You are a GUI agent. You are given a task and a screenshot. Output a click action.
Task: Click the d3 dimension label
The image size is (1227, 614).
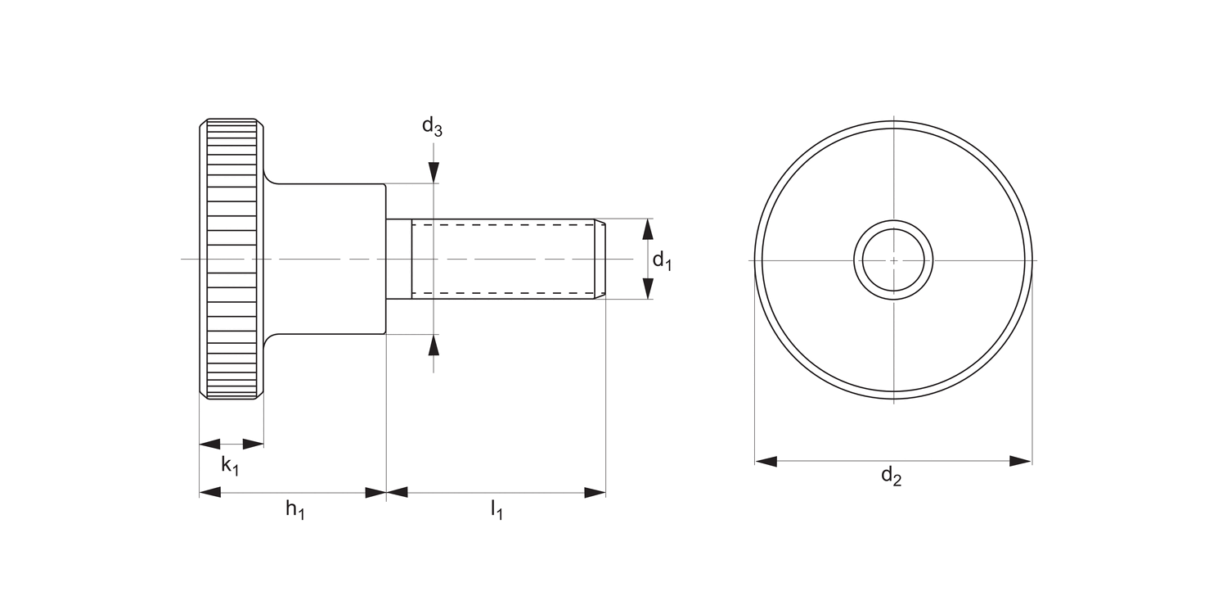tap(432, 126)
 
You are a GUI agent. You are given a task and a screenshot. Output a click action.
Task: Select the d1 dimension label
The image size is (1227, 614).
tap(662, 261)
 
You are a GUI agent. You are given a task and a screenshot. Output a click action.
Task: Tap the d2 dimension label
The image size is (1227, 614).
tap(891, 476)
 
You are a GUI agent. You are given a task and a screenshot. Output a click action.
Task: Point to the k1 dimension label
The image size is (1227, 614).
tap(231, 466)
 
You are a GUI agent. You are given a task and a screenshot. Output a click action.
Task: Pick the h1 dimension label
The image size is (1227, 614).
tap(294, 509)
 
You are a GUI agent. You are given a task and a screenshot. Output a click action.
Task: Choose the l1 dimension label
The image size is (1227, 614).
tap(497, 510)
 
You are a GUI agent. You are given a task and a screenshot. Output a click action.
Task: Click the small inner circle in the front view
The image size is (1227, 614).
tap(893, 260)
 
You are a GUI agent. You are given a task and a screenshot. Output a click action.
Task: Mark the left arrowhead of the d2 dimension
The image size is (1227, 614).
tap(766, 462)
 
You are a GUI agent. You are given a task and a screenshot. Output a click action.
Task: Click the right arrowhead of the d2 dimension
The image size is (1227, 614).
tap(1021, 462)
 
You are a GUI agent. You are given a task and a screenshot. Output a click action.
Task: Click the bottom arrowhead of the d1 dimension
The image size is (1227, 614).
tap(648, 289)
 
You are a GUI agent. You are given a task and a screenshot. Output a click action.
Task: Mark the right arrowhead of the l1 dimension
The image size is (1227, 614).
tap(595, 493)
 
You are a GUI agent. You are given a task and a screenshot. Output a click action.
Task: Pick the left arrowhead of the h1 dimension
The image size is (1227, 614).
tap(210, 493)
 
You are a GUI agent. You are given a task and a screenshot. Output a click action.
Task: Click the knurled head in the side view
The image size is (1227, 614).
tap(231, 260)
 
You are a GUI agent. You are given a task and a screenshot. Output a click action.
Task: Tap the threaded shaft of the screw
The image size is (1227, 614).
tap(503, 259)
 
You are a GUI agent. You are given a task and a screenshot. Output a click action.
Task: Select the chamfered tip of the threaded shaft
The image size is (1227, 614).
tap(600, 259)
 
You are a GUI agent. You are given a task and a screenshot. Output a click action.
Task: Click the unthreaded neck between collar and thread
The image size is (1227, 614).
tap(399, 259)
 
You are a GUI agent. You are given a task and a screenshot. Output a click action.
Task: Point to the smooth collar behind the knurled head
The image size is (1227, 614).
tap(327, 259)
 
